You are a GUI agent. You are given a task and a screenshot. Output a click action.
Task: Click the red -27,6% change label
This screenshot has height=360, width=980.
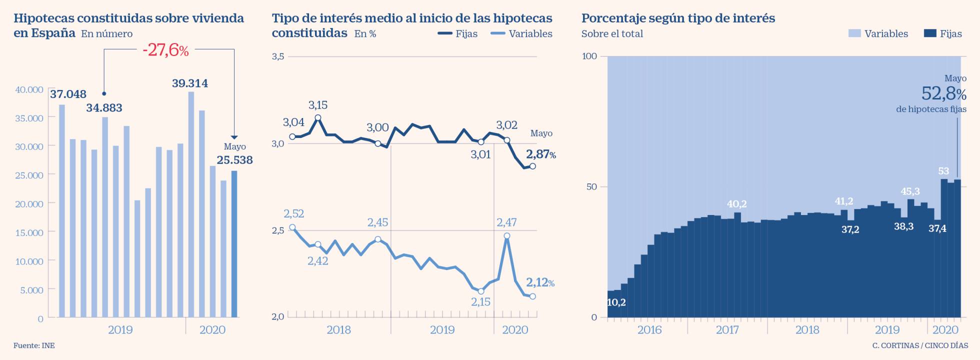[165, 50]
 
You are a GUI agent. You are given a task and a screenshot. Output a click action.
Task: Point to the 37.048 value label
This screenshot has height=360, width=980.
[68, 94]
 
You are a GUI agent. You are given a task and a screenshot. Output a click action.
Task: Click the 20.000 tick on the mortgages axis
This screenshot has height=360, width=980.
[29, 204]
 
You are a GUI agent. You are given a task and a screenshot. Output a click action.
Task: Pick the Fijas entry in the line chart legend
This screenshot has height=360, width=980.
[457, 34]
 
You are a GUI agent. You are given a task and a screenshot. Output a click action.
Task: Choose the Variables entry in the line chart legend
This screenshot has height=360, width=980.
[521, 34]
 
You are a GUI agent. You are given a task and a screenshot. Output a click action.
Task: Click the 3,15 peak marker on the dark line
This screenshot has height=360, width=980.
[317, 118]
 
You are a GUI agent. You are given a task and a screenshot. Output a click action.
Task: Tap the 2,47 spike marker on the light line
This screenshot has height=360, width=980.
[507, 235]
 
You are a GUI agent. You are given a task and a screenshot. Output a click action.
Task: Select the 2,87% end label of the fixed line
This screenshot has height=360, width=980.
[540, 154]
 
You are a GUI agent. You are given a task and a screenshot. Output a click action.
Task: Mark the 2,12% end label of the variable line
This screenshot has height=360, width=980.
[540, 282]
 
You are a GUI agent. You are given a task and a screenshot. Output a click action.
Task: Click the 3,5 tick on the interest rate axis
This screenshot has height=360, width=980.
[278, 56]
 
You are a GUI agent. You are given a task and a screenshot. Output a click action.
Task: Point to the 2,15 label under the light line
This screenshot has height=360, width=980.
[480, 302]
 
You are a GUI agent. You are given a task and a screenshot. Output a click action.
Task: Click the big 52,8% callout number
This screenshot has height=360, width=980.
[943, 93]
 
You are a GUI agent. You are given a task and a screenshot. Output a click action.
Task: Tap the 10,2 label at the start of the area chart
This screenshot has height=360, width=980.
[616, 302]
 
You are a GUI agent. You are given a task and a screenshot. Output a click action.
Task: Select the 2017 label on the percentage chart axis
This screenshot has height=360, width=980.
[727, 329]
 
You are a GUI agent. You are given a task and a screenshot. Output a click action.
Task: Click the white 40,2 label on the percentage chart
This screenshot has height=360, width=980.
[736, 204]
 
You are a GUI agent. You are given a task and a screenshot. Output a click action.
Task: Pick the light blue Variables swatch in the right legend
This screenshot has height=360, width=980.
[854, 33]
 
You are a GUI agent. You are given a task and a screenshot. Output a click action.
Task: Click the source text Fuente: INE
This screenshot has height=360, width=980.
[34, 345]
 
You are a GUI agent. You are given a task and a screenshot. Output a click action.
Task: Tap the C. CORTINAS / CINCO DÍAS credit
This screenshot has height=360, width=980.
[920, 345]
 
